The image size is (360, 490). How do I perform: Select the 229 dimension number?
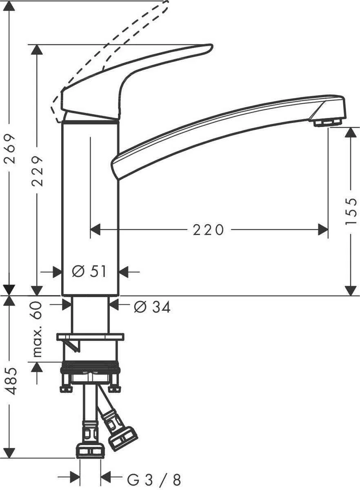pos(38,171)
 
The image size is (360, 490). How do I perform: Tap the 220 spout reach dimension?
pos(209,230)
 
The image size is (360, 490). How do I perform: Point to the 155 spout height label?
pos(351,211)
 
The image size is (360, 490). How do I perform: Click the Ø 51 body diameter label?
pos(89,271)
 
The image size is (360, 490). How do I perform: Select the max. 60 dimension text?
pos(38,329)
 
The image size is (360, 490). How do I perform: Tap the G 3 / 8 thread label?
pos(155,479)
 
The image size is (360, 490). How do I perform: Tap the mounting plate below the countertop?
pos(90,337)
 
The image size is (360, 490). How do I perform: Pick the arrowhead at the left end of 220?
pos(95,230)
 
